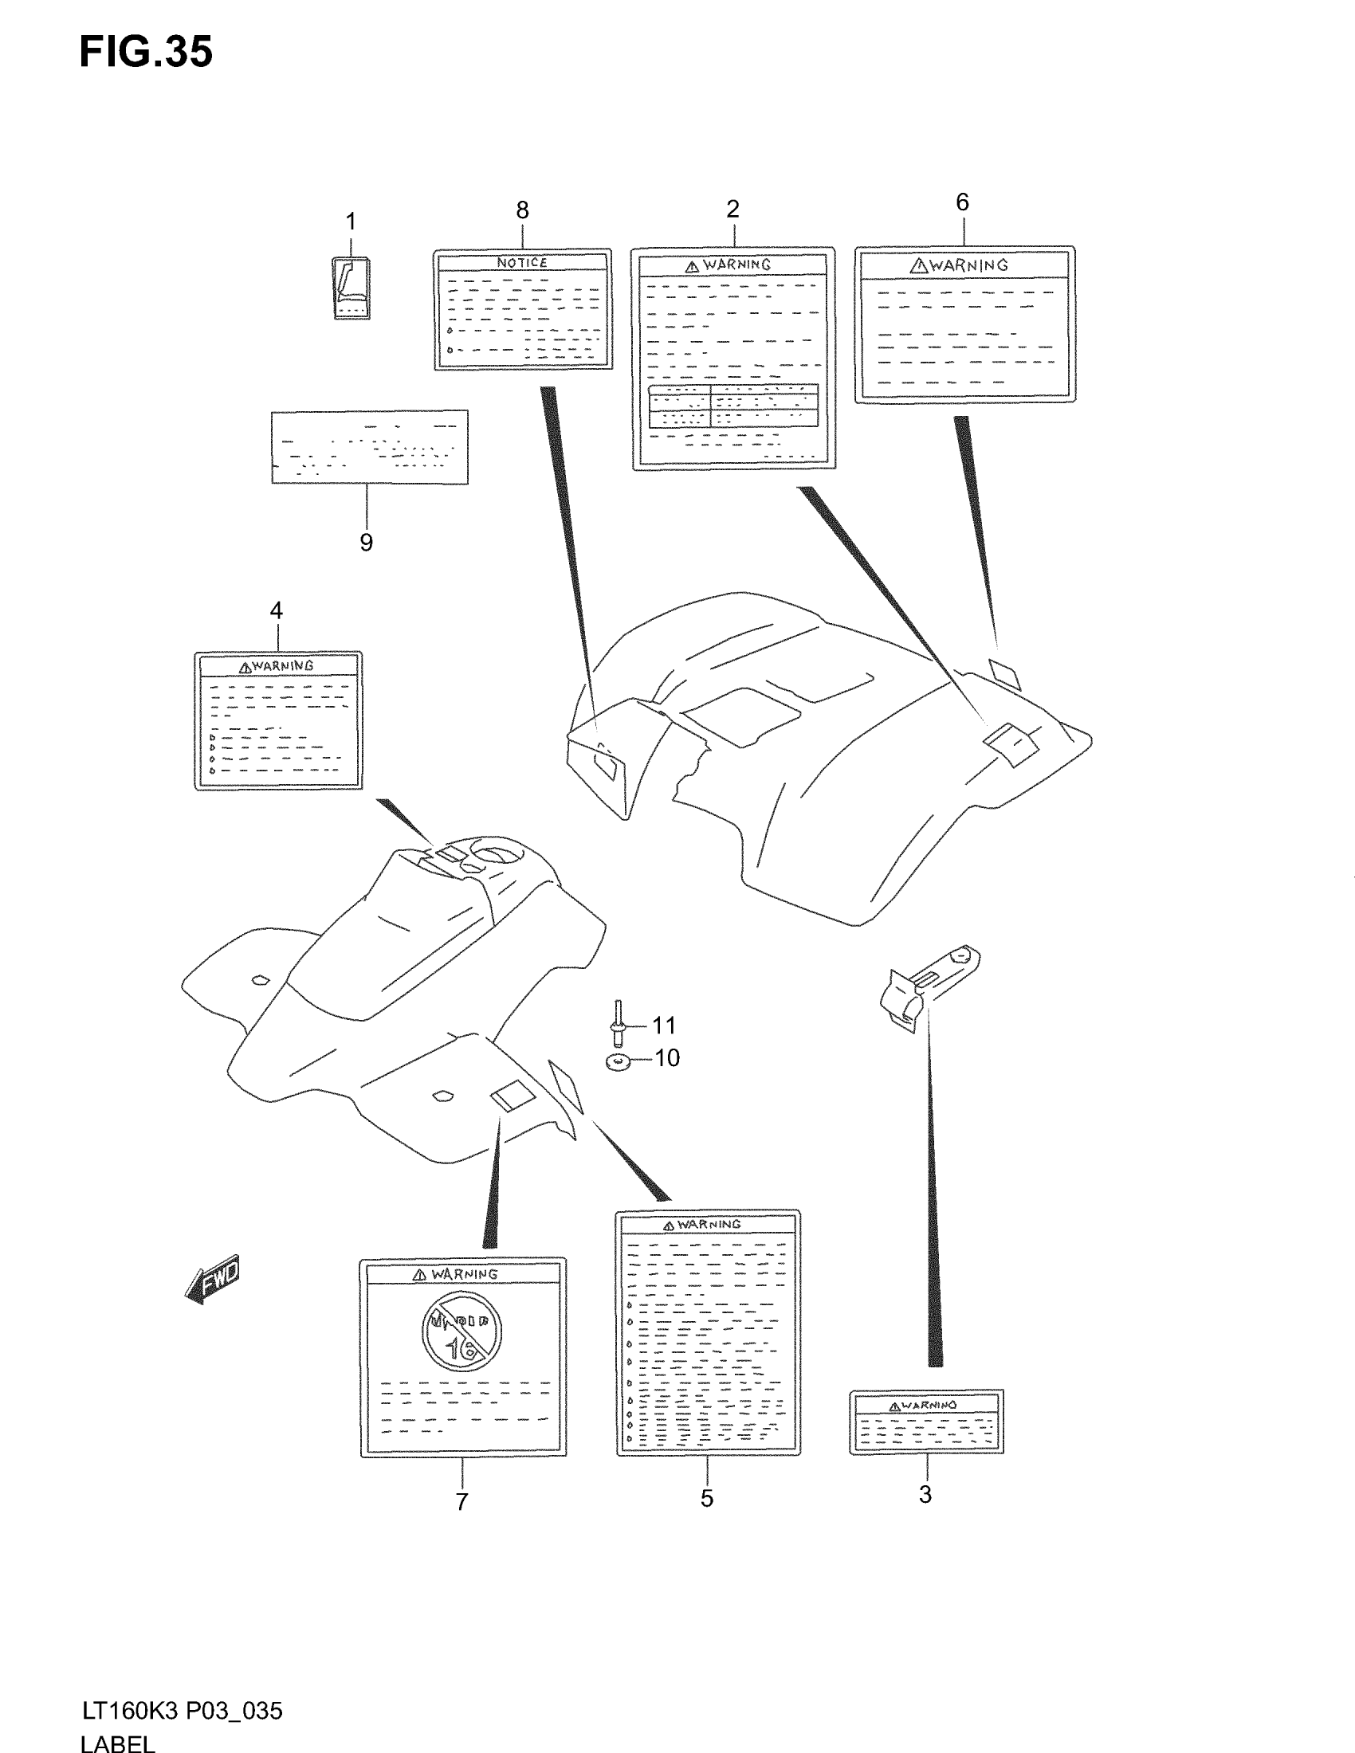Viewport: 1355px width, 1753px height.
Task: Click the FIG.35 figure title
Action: [x=146, y=53]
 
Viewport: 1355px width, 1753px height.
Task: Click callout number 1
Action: [x=350, y=222]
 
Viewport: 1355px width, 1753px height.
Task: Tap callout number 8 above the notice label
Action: [x=523, y=210]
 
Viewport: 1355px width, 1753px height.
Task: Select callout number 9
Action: [x=366, y=543]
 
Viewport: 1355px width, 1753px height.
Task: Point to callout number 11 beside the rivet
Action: [x=664, y=1025]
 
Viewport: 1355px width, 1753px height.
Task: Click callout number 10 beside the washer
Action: [x=667, y=1058]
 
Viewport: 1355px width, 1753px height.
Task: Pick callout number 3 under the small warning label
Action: [x=925, y=1495]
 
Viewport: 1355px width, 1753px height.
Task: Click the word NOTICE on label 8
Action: [x=522, y=262]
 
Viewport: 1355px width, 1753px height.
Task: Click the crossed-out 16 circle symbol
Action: [x=461, y=1331]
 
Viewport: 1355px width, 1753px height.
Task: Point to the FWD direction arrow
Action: [x=213, y=1279]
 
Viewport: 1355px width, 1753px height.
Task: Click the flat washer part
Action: [x=617, y=1063]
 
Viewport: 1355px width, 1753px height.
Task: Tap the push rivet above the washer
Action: [x=618, y=1023]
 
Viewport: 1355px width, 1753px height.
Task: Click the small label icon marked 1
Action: [x=352, y=288]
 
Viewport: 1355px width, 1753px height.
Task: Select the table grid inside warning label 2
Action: [x=732, y=406]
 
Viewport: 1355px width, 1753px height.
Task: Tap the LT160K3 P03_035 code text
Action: [x=183, y=1712]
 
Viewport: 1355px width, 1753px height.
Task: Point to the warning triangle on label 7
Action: [x=419, y=1275]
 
